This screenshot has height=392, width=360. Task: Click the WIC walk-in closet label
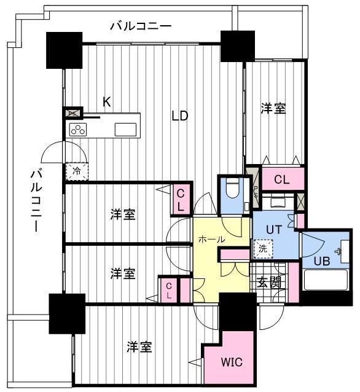click(232, 362)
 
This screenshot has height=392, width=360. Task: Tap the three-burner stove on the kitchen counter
click(78, 130)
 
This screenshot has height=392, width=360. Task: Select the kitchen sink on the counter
click(125, 130)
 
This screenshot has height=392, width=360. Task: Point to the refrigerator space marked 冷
click(77, 171)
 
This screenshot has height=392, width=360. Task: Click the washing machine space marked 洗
click(263, 249)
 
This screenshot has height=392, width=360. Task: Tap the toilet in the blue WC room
click(233, 188)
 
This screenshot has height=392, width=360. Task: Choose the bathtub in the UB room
click(326, 280)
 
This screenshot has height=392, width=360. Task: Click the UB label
click(322, 261)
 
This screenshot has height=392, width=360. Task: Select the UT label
click(274, 230)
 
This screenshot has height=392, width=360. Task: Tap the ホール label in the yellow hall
click(211, 240)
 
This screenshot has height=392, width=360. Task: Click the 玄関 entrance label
click(269, 283)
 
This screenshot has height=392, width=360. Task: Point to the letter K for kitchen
click(107, 102)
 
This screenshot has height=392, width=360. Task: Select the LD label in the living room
click(180, 116)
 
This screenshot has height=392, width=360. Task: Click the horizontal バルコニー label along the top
click(141, 26)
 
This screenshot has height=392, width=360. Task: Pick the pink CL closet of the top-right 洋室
click(283, 179)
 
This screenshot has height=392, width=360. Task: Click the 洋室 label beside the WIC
click(139, 347)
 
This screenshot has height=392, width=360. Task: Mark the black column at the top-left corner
click(65, 50)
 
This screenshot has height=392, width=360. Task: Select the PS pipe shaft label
click(256, 192)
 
